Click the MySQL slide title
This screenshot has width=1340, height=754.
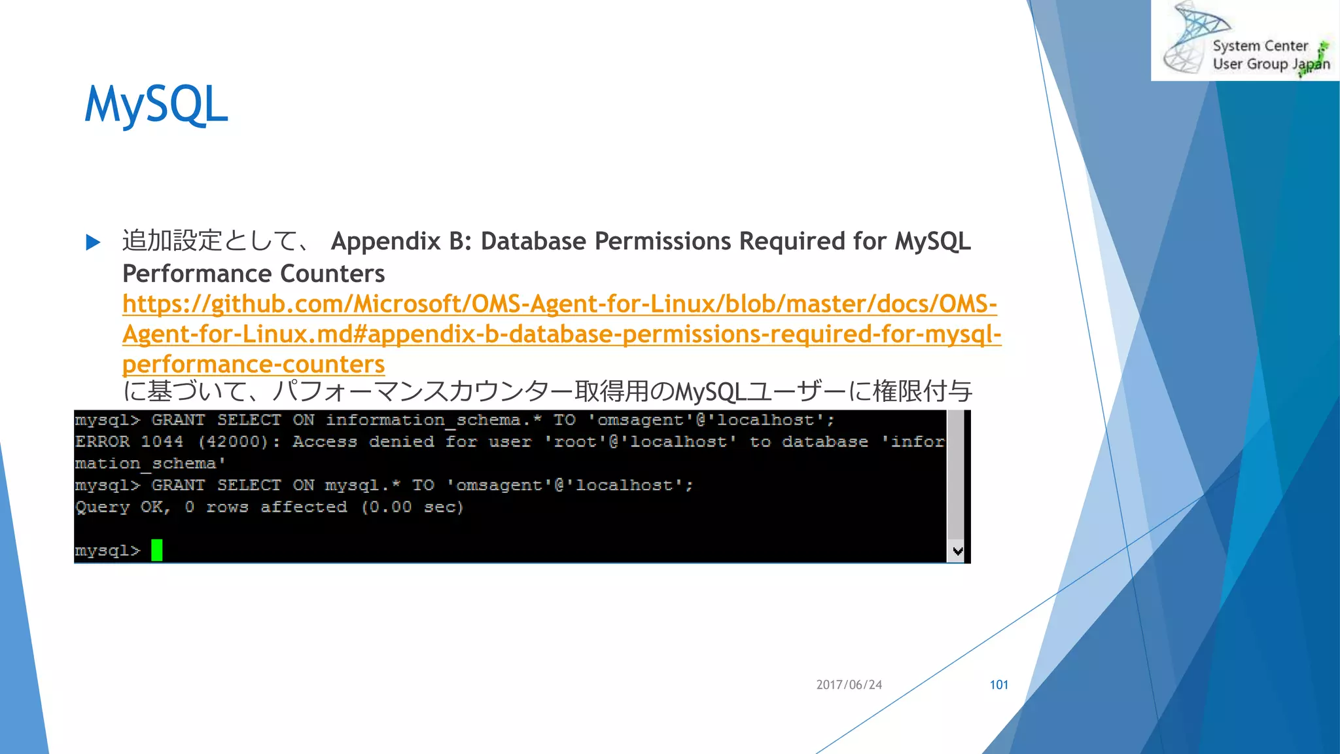(x=156, y=105)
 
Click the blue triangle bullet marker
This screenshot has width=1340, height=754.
(x=93, y=243)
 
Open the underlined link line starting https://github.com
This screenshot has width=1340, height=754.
(x=559, y=304)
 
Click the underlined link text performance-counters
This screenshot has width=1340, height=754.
(x=253, y=364)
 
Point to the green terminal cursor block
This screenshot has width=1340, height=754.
(x=156, y=550)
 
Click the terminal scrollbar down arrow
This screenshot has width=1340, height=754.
(x=957, y=551)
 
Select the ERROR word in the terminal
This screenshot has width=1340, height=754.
(x=102, y=442)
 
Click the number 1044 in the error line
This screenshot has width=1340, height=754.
(x=162, y=442)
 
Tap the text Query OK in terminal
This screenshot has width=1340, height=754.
(x=122, y=507)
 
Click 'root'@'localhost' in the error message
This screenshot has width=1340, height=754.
(x=640, y=442)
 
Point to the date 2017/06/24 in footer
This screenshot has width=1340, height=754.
(x=849, y=685)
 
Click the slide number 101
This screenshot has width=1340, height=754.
(x=998, y=685)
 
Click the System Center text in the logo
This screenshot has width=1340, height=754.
(x=1260, y=46)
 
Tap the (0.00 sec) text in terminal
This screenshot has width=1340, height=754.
(x=412, y=507)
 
